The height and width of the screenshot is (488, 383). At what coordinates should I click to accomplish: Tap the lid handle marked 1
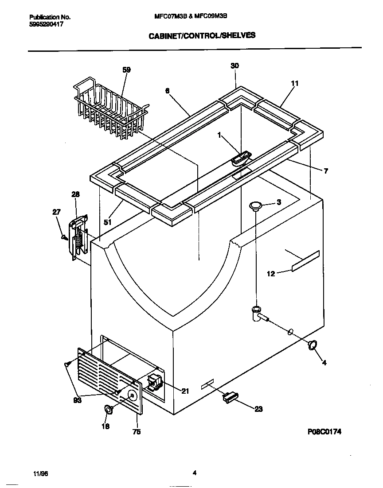click(241, 159)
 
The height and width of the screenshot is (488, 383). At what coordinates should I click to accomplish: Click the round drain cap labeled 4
click(312, 345)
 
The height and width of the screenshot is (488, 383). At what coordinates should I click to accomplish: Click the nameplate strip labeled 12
click(305, 260)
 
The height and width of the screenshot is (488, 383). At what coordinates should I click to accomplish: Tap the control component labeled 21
click(153, 381)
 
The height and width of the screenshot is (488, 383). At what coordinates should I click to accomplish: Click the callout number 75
click(137, 432)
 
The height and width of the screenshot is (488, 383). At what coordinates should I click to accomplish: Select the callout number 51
click(107, 222)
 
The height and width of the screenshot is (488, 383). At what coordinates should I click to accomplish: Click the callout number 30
click(235, 66)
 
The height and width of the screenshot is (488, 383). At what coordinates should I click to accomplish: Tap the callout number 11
click(295, 83)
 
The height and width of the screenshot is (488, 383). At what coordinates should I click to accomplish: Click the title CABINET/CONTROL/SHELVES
click(201, 35)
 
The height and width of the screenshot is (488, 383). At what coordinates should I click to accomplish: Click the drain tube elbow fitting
click(257, 313)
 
